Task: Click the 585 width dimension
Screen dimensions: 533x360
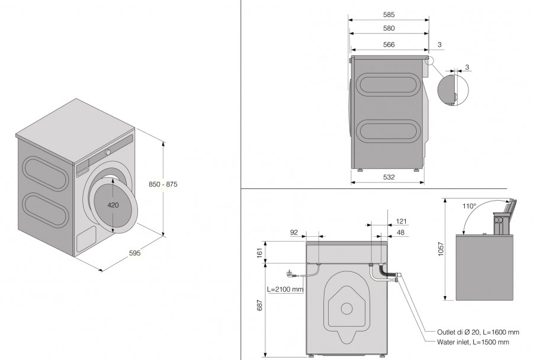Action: click(x=388, y=15)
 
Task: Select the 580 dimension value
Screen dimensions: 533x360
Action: click(x=388, y=28)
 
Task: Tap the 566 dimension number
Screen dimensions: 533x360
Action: click(x=388, y=44)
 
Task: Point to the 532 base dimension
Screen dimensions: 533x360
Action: click(x=388, y=177)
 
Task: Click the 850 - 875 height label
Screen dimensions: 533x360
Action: click(x=163, y=184)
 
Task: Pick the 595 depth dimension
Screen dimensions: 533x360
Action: click(x=134, y=253)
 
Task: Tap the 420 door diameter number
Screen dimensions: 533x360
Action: click(x=113, y=205)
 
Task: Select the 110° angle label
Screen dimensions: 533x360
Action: click(x=470, y=206)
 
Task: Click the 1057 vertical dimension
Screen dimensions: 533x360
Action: click(x=441, y=249)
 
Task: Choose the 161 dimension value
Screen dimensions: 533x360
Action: click(x=260, y=253)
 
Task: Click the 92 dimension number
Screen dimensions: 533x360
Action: click(x=294, y=233)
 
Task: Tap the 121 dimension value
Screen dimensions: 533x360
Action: click(x=402, y=221)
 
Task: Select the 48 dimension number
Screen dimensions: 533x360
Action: click(x=401, y=233)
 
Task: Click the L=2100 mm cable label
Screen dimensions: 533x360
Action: click(x=285, y=290)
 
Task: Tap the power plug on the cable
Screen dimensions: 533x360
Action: click(x=291, y=273)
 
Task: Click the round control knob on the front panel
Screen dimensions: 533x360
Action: click(x=108, y=152)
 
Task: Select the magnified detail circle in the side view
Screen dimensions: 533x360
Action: click(x=453, y=90)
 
